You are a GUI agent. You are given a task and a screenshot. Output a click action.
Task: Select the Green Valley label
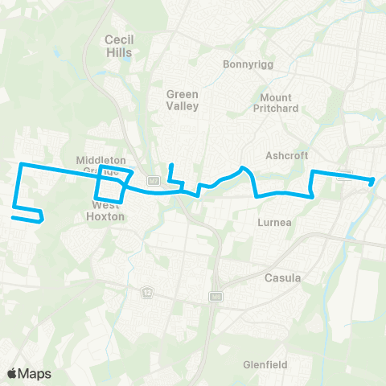click(182, 100)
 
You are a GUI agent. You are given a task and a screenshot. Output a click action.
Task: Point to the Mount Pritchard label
click(279, 103)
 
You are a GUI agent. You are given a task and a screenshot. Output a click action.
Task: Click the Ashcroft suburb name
click(287, 155)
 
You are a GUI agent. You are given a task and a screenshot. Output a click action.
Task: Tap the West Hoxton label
click(101, 211)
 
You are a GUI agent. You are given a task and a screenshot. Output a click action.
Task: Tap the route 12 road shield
click(147, 289)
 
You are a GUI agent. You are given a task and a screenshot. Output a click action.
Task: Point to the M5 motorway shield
click(215, 297)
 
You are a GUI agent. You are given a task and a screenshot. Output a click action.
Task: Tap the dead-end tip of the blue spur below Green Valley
click(170, 166)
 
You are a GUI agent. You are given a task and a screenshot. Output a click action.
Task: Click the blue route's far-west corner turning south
click(20, 165)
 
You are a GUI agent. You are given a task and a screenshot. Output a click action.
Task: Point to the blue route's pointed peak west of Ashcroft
click(243, 168)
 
